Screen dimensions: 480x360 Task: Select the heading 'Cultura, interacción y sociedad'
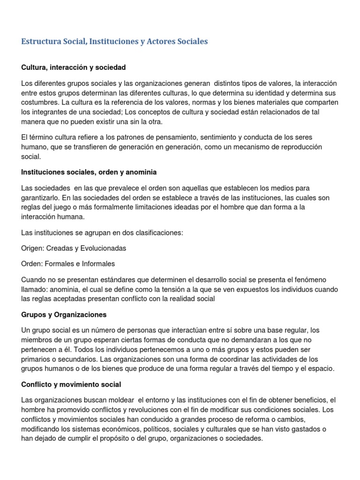click(x=74, y=67)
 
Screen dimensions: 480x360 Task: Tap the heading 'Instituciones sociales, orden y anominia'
click(x=89, y=172)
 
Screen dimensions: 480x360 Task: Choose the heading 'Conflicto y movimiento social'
click(x=71, y=384)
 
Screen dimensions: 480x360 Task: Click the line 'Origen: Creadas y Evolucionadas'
click(x=74, y=248)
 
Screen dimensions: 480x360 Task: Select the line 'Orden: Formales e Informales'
click(x=68, y=263)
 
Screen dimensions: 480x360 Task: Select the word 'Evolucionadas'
click(x=104, y=248)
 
